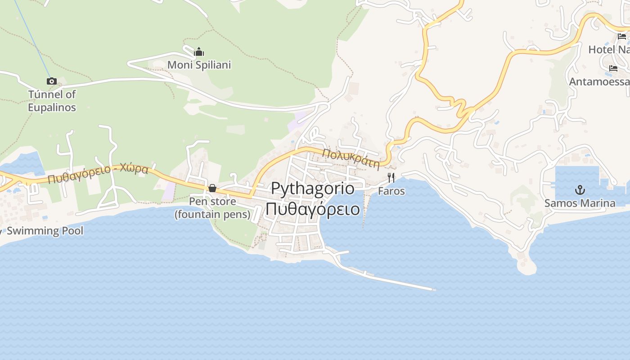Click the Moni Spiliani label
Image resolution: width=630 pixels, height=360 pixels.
[x=199, y=65]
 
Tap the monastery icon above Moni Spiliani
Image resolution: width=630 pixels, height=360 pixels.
[x=199, y=52]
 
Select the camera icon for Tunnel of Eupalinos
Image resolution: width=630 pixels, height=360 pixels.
[x=52, y=81]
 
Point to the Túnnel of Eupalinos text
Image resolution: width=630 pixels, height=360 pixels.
[x=52, y=101]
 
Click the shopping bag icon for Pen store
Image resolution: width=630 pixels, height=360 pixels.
[x=212, y=188]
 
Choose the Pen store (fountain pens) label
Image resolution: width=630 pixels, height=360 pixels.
[x=212, y=207]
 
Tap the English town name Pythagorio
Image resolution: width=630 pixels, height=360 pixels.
[x=312, y=189]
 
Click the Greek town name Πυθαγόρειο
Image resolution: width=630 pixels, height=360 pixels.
[x=312, y=209]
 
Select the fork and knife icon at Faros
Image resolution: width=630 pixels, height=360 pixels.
[x=391, y=178]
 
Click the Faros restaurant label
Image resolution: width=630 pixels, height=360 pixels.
[x=391, y=191]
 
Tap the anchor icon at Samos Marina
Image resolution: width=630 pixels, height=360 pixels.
[x=580, y=189]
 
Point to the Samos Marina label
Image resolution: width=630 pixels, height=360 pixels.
[x=580, y=203]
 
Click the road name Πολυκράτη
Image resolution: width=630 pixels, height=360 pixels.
[x=351, y=158]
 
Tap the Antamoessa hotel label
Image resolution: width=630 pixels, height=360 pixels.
[x=599, y=81]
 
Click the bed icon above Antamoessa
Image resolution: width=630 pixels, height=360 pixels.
[x=613, y=68]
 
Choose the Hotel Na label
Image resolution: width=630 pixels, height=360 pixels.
[x=608, y=49]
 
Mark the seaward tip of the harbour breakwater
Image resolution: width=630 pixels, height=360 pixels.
[x=434, y=290]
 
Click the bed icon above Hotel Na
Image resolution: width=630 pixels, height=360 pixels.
[x=622, y=36]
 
